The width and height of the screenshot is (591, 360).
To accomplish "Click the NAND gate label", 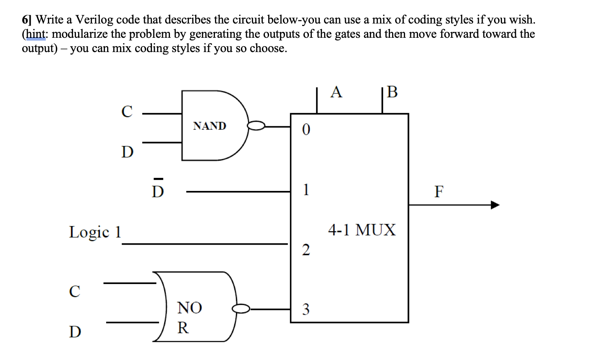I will pyautogui.click(x=209, y=126).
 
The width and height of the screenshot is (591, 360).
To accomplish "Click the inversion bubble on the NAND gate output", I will pyautogui.click(x=256, y=125).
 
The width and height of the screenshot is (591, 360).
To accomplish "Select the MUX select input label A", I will pyautogui.click(x=336, y=91).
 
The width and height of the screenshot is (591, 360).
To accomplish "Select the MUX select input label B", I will pyautogui.click(x=392, y=92).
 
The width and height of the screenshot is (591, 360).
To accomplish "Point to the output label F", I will pyautogui.click(x=439, y=192).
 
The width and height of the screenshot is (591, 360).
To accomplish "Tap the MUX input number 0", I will pyautogui.click(x=306, y=131).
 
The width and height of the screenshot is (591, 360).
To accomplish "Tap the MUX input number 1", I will pyautogui.click(x=306, y=190).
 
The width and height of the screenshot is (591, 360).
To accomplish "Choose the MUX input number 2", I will pyautogui.click(x=306, y=250).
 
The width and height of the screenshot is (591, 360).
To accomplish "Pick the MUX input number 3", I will pyautogui.click(x=306, y=310).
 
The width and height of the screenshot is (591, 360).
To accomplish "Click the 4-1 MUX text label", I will pyautogui.click(x=362, y=230).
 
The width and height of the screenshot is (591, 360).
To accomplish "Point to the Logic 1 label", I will pyautogui.click(x=95, y=232).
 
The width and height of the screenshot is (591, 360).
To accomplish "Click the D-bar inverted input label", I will pyautogui.click(x=158, y=190).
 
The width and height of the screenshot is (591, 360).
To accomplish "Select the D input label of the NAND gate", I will pyautogui.click(x=127, y=151).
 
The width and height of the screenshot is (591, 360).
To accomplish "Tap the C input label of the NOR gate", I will pyautogui.click(x=75, y=291).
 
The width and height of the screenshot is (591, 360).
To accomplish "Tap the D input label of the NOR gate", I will pyautogui.click(x=75, y=332).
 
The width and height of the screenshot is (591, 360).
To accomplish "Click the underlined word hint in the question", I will pyautogui.click(x=35, y=34).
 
